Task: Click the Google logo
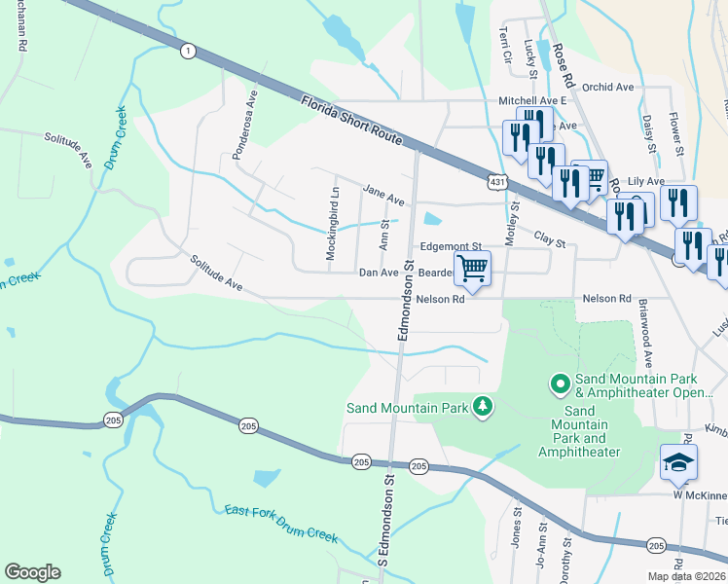pyautogui.click(x=32, y=572)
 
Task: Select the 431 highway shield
pyautogui.click(x=497, y=181)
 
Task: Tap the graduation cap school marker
pyautogui.click(x=678, y=462)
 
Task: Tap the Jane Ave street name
pyautogui.click(x=382, y=196)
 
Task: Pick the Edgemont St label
pyautogui.click(x=451, y=248)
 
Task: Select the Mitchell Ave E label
pyautogui.click(x=532, y=100)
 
